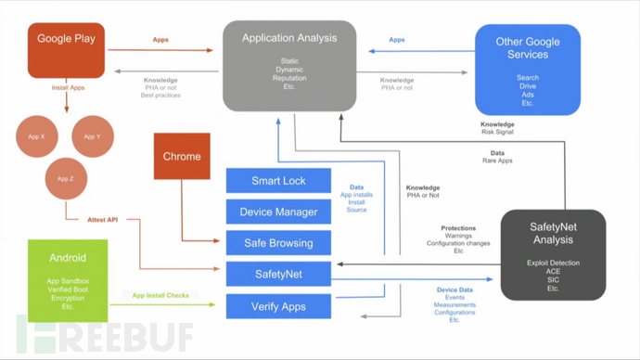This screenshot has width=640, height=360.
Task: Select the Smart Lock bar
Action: (278, 181)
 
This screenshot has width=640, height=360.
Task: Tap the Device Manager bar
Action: (278, 212)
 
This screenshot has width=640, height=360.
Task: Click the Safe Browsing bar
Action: (278, 243)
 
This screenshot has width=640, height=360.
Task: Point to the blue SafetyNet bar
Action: (278, 274)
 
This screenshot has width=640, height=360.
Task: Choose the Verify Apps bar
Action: (278, 305)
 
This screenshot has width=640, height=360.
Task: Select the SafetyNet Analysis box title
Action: (553, 231)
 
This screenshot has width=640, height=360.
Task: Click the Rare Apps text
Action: (497, 161)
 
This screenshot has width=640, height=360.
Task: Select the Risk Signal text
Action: (499, 132)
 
